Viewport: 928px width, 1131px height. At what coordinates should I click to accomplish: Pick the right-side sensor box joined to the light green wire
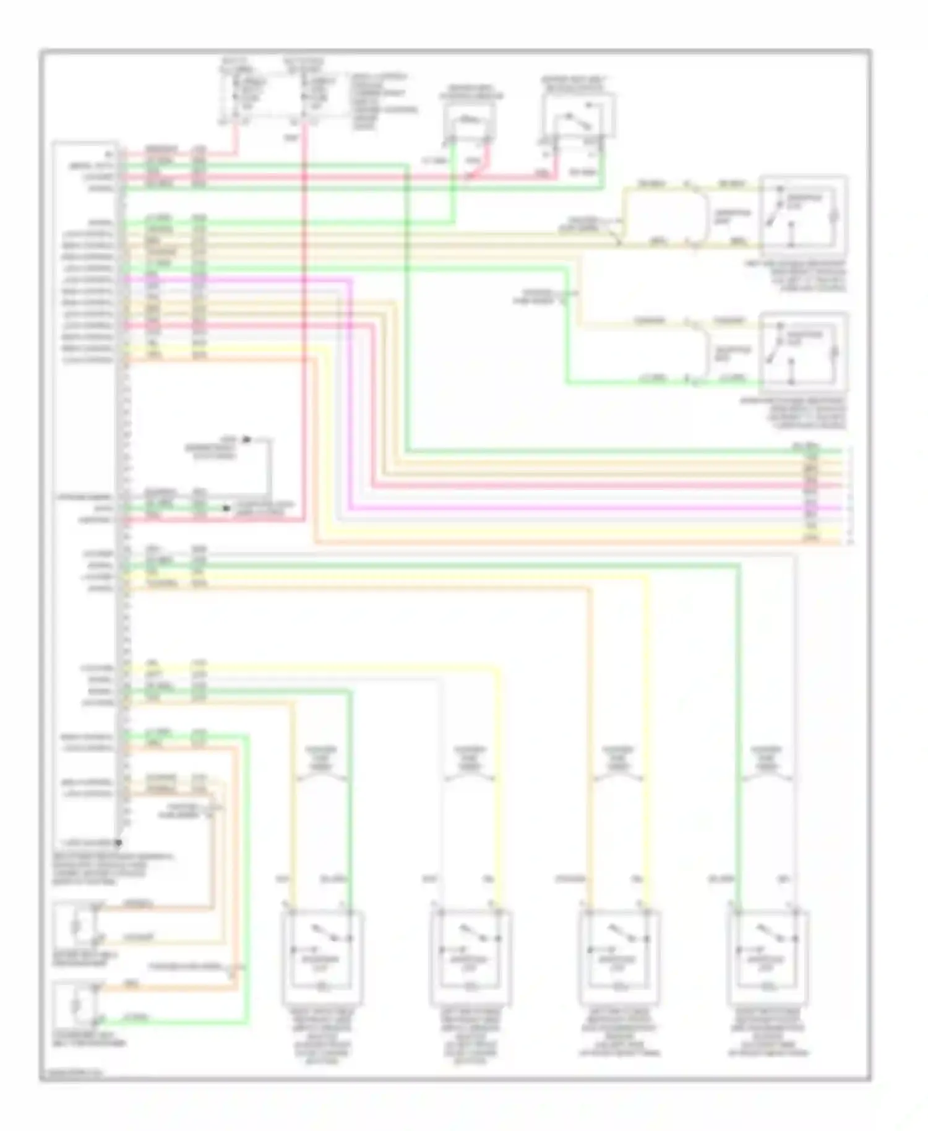click(x=802, y=351)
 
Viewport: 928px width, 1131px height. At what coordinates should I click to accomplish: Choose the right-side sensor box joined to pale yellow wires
click(x=802, y=214)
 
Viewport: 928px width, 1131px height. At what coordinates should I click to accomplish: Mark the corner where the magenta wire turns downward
click(x=351, y=280)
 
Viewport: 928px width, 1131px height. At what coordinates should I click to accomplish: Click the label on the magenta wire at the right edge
click(x=811, y=506)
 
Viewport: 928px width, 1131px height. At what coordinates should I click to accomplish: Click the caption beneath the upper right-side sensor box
click(x=802, y=275)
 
